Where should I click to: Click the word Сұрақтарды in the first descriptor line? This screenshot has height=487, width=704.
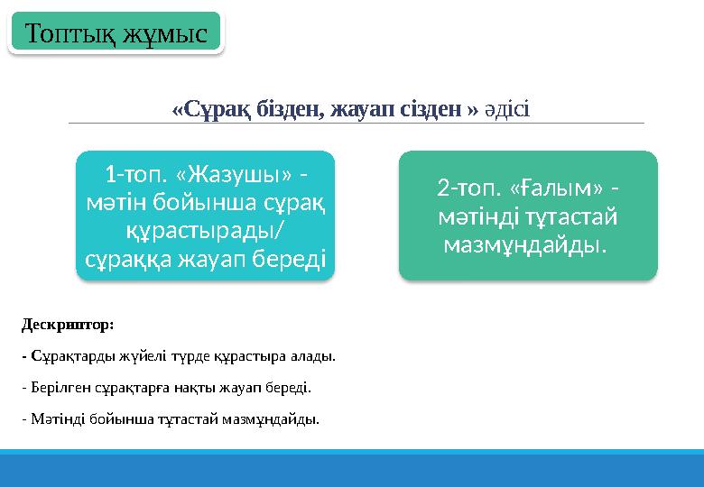[63, 356]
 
